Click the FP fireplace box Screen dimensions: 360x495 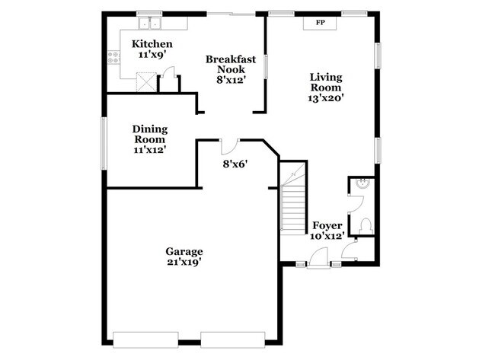click(321, 23)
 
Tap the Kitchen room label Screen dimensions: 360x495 click(152, 44)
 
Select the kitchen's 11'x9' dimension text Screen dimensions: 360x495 click(152, 55)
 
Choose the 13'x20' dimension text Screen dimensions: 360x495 click(325, 98)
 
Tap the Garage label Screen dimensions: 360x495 click(184, 251)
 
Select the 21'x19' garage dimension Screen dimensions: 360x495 click(184, 263)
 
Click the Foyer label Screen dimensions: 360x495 click(327, 226)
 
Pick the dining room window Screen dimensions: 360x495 click(104, 144)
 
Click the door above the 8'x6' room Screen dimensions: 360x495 click(229, 145)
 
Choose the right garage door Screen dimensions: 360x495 click(232, 339)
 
